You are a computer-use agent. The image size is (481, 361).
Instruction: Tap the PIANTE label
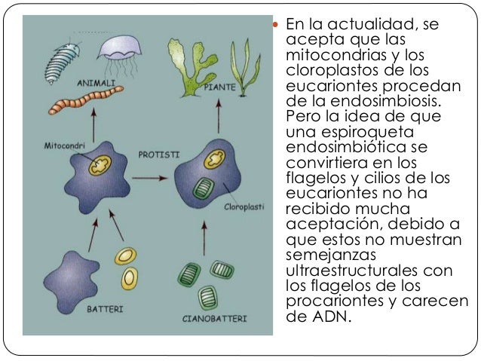click(x=219, y=88)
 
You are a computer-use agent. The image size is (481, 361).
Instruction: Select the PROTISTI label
click(x=158, y=154)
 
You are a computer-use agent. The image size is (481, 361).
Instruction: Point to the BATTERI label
click(x=103, y=309)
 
